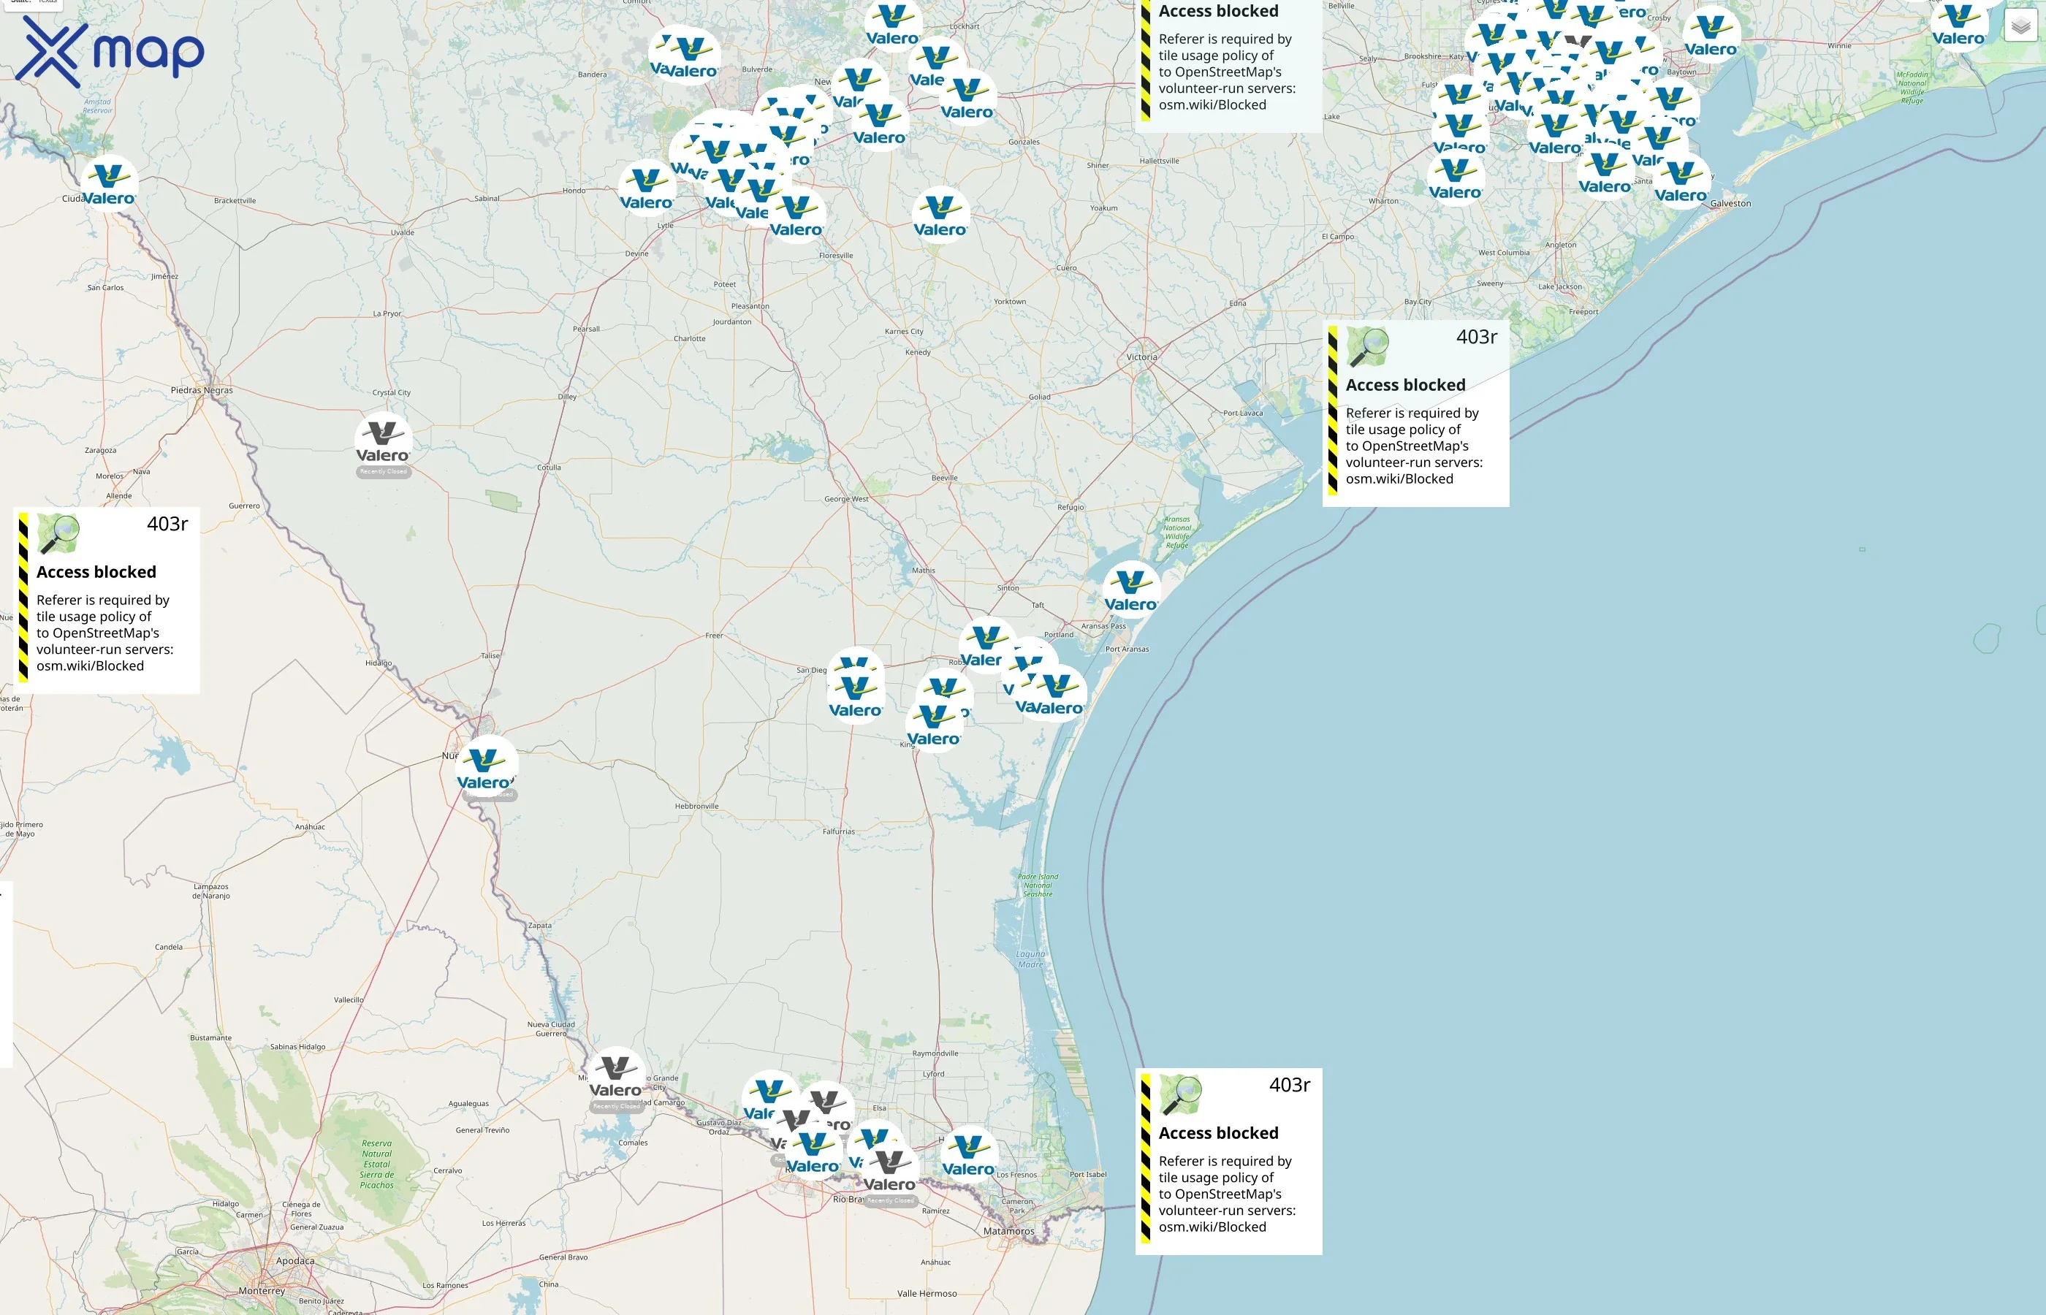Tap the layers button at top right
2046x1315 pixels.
point(2020,26)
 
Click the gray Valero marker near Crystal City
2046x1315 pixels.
point(384,441)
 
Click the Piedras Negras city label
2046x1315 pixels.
point(202,390)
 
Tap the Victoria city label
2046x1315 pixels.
point(1141,357)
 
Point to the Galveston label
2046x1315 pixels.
point(1730,203)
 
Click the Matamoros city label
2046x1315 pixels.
point(1008,1231)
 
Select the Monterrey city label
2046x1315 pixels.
point(262,1290)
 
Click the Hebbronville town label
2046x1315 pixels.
point(697,806)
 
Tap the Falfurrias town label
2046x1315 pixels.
point(839,831)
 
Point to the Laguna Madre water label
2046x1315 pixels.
point(1031,959)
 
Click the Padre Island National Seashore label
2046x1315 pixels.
point(1038,885)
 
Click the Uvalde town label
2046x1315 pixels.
point(402,232)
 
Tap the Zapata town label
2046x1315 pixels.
point(540,925)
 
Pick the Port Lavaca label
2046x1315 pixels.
point(1242,413)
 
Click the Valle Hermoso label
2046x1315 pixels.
point(927,1294)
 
